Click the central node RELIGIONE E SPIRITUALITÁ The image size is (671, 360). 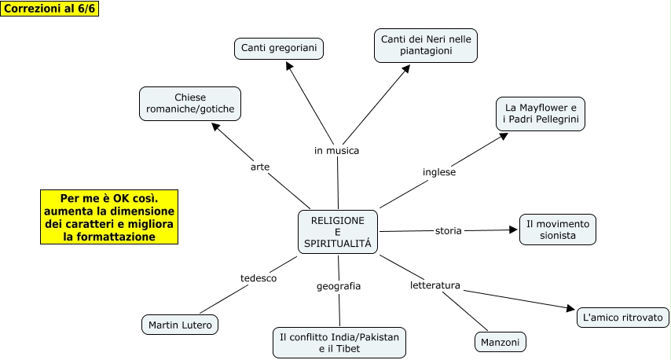pos(338,232)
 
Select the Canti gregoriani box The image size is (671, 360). pos(279,49)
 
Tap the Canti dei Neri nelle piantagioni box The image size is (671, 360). pos(426,45)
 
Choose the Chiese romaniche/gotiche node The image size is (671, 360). pos(189,103)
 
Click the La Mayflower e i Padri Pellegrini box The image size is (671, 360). pos(541,113)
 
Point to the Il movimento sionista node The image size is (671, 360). pos(558,230)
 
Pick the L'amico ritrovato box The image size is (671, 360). pos(623,318)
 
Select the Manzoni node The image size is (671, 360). pos(500,342)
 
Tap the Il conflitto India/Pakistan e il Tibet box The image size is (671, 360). pos(339,343)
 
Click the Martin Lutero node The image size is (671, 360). pos(180,324)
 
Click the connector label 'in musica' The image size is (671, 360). pos(336,150)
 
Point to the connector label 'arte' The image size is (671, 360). pos(260,167)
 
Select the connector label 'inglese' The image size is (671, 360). pos(439,171)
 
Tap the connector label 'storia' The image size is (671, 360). pos(449,230)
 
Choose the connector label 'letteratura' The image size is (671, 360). pos(434,285)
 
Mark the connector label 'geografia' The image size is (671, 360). pos(339,286)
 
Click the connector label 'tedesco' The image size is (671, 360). pos(258,278)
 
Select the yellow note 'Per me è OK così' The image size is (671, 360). pos(109,217)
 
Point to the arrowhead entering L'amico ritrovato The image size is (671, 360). pos(571,310)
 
